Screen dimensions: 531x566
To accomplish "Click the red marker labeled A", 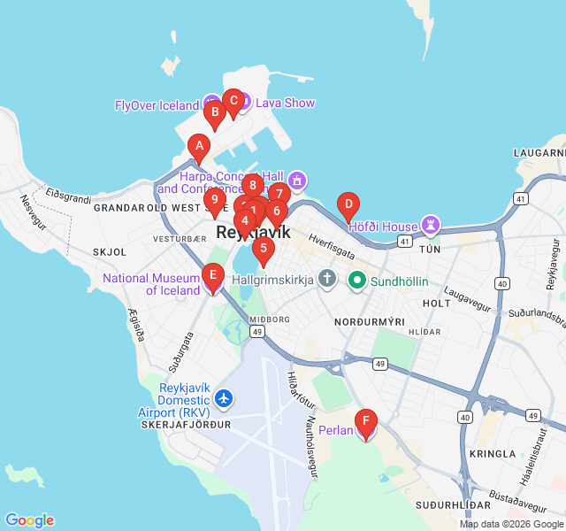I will (199, 147).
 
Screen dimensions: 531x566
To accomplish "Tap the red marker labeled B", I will (213, 113).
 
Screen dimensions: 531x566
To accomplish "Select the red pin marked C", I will (233, 101).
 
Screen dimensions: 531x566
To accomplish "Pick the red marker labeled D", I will (348, 206).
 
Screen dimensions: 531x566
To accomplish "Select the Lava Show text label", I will (285, 103).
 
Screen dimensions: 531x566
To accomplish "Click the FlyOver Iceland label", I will (157, 105).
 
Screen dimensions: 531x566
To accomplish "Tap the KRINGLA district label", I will (493, 453).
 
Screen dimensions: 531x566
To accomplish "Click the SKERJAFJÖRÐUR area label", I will (186, 425).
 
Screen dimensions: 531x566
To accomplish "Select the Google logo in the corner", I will (29, 520).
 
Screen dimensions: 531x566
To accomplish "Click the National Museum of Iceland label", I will (151, 284).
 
